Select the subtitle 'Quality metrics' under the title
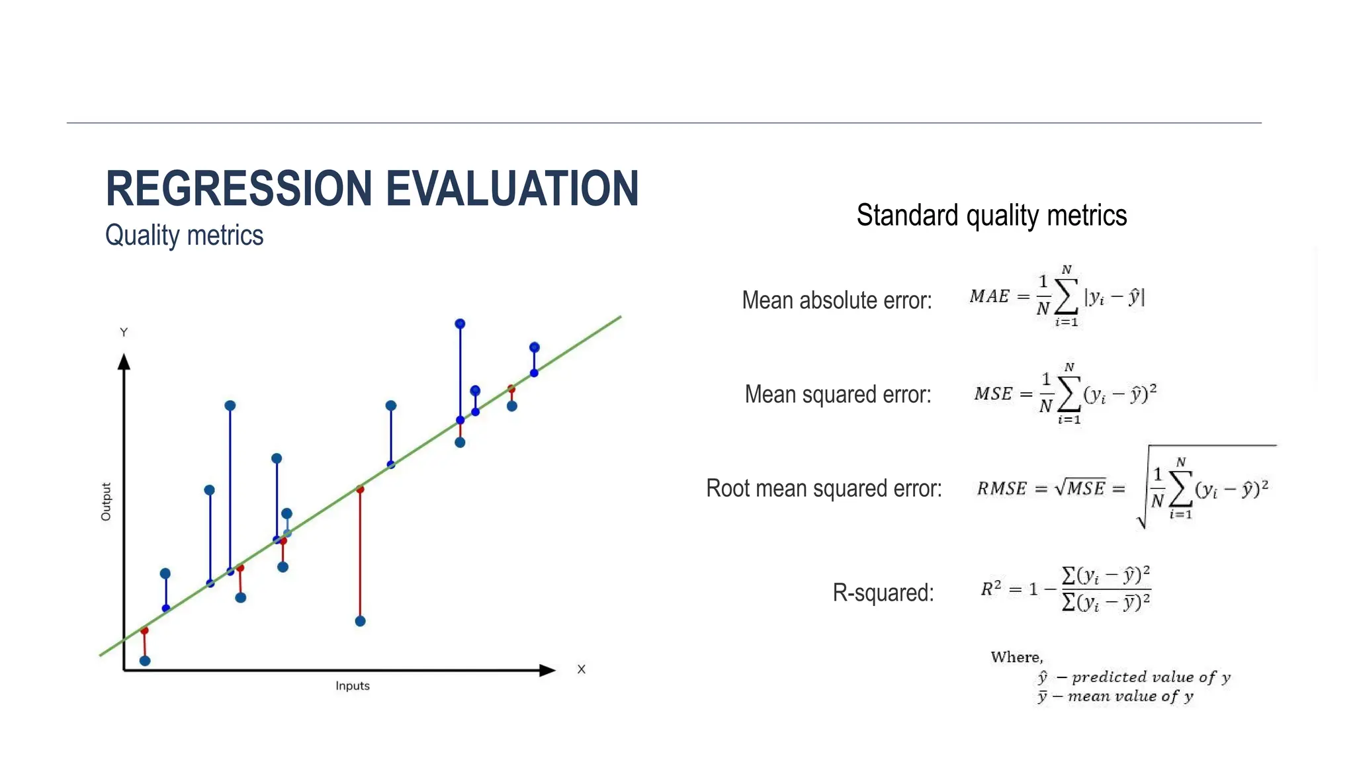pyautogui.click(x=184, y=235)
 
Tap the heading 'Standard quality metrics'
pyautogui.click(x=991, y=216)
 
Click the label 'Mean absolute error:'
pyautogui.click(x=836, y=300)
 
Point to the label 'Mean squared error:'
pyautogui.click(x=838, y=394)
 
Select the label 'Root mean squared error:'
pyautogui.click(x=824, y=488)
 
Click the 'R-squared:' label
pyautogui.click(x=883, y=593)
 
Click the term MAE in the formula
pyautogui.click(x=989, y=296)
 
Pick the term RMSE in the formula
pyautogui.click(x=1002, y=489)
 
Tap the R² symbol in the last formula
pyautogui.click(x=990, y=588)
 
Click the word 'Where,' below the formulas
pyautogui.click(x=1016, y=657)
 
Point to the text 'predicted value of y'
pyautogui.click(x=1151, y=677)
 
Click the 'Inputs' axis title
pyautogui.click(x=352, y=686)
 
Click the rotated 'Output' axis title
pyautogui.click(x=106, y=501)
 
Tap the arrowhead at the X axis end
pyautogui.click(x=547, y=670)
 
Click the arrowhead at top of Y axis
pyautogui.click(x=124, y=361)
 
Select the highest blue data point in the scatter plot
pyautogui.click(x=460, y=323)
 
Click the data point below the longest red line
pyautogui.click(x=360, y=621)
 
